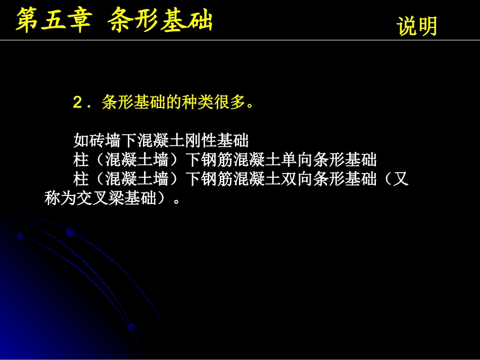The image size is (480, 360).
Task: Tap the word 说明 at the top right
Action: click(x=417, y=27)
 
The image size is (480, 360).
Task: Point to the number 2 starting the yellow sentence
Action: click(x=77, y=102)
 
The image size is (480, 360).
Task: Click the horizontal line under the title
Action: click(x=240, y=40)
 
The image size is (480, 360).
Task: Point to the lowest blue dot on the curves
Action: click(x=131, y=326)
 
